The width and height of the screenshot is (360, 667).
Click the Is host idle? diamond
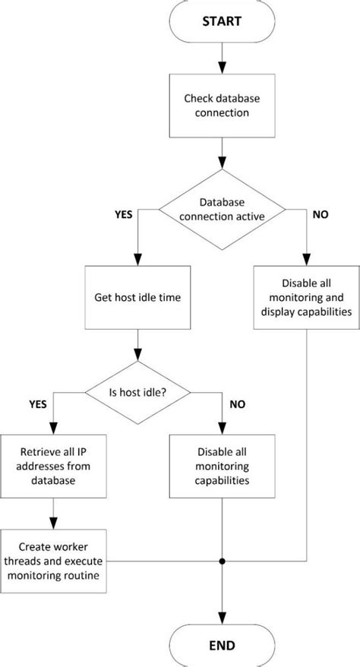tap(137, 392)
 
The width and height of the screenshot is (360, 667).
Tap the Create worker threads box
tap(52, 561)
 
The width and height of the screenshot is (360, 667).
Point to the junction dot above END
tap(221, 562)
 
